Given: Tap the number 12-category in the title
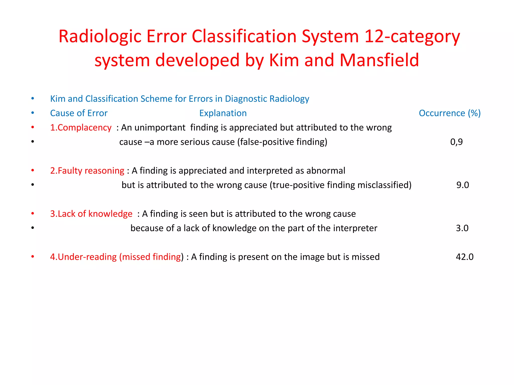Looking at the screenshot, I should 412,37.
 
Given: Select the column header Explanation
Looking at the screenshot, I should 223,113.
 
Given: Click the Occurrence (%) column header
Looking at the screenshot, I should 449,113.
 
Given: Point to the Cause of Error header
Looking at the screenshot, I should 79,113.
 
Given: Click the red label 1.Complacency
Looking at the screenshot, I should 81,128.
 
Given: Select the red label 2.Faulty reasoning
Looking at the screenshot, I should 87,171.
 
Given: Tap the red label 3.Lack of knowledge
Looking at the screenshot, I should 91,214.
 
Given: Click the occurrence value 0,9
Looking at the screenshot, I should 456,142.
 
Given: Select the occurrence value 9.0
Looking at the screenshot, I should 462,185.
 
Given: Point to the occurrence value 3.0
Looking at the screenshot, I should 462,228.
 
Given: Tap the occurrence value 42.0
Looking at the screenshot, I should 464,257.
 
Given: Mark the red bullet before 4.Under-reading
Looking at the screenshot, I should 33,257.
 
